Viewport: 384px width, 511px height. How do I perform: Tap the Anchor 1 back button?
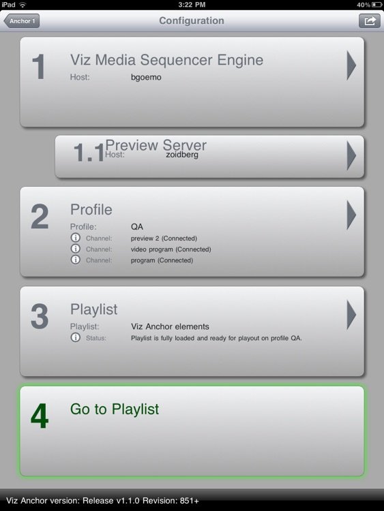pos(22,21)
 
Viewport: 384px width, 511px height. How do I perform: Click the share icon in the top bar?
pos(369,21)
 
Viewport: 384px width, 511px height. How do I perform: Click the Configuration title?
pos(192,20)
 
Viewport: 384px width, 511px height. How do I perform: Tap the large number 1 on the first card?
pos(39,67)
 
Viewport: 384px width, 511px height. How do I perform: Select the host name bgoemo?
pos(146,77)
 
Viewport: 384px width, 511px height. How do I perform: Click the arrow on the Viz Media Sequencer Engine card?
pos(351,65)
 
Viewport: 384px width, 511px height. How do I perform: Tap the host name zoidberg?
pos(182,155)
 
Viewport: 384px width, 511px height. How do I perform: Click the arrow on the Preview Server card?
pos(351,155)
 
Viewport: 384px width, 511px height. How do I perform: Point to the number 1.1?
pos(89,153)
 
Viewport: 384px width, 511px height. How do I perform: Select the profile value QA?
pos(137,226)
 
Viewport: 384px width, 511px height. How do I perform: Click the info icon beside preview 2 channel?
pos(75,238)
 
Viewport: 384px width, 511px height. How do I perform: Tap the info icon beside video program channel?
pos(75,249)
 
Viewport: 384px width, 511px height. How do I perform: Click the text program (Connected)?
pos(162,260)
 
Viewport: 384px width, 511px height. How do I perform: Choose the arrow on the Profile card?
pos(351,215)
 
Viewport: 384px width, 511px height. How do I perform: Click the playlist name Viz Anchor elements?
pos(170,326)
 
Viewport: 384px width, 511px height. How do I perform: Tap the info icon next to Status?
pos(75,337)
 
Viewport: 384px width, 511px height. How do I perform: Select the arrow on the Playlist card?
pos(351,315)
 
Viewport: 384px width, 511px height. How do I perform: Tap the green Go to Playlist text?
pos(115,409)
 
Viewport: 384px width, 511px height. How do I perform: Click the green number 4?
pos(40,416)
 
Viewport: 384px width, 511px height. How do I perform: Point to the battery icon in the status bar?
pos(376,5)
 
